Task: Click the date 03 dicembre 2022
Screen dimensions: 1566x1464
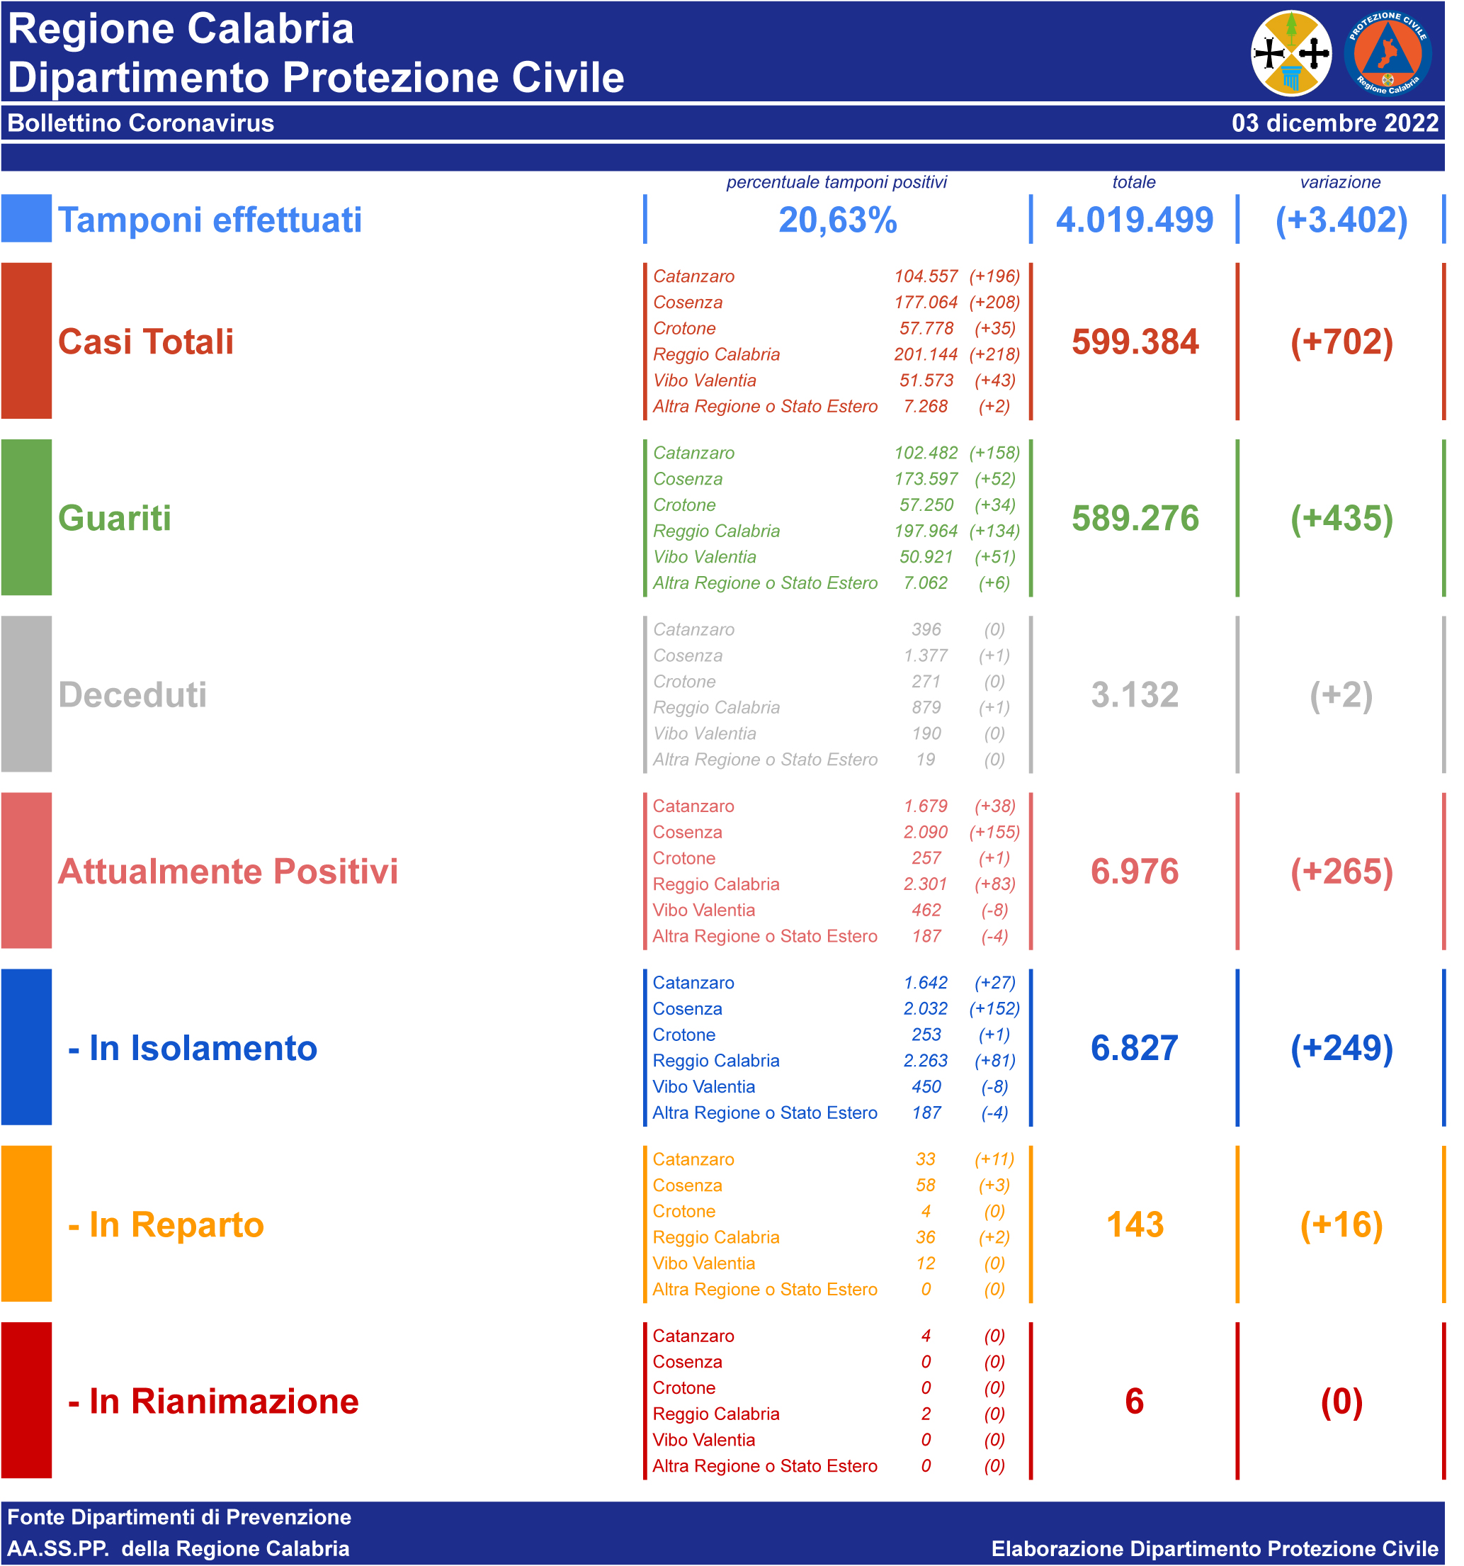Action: [x=1334, y=123]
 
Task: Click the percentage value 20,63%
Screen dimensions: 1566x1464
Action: [x=837, y=220]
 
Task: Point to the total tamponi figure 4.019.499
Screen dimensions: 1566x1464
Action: [x=1134, y=220]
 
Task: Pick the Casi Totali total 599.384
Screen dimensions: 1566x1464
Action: [x=1135, y=342]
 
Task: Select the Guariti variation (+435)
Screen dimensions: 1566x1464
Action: [x=1341, y=518]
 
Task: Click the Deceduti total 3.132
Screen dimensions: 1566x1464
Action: [x=1135, y=694]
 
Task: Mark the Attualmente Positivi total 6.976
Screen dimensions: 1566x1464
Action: [x=1135, y=872]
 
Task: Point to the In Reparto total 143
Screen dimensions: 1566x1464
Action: [x=1135, y=1225]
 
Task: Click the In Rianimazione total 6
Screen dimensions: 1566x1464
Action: [x=1134, y=1402]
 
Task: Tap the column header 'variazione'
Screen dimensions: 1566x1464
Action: [x=1339, y=182]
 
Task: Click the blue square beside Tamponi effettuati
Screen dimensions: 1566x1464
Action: [x=26, y=218]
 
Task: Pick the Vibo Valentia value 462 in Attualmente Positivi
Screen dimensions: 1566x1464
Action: [x=926, y=910]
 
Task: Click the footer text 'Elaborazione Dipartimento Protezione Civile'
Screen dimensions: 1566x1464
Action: [x=1215, y=1549]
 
